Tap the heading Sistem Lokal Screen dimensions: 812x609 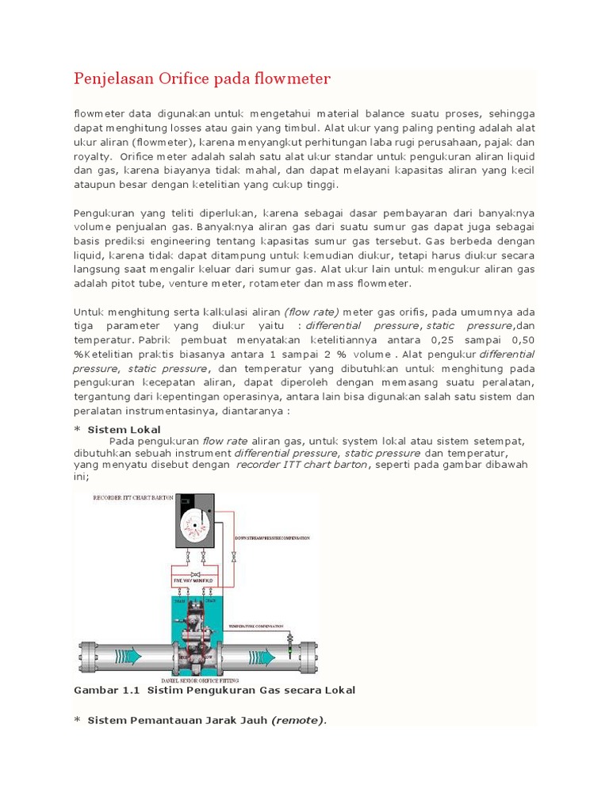point(124,430)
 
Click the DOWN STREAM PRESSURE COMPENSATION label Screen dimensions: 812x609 point(272,538)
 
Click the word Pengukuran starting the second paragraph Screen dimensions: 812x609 point(105,213)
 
